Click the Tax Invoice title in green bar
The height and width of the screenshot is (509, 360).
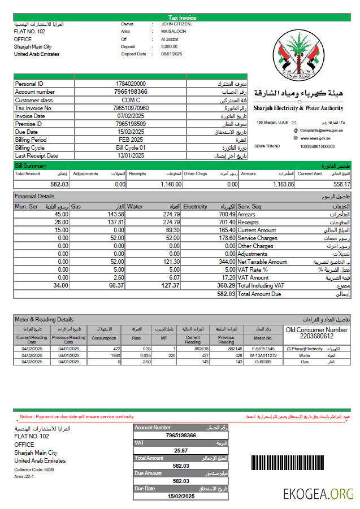183,18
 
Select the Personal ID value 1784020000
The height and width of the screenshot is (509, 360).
131,84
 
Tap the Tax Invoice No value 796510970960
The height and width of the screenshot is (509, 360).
131,108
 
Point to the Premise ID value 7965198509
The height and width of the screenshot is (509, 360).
131,124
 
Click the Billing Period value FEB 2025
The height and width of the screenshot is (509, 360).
131,140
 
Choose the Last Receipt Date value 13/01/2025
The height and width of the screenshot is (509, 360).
131,155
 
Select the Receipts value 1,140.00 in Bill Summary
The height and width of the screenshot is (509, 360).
170,184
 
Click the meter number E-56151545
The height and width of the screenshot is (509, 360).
263,349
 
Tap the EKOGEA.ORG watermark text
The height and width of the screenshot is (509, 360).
318,494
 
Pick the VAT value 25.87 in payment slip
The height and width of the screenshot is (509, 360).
181,450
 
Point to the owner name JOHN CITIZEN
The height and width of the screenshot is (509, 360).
176,24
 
